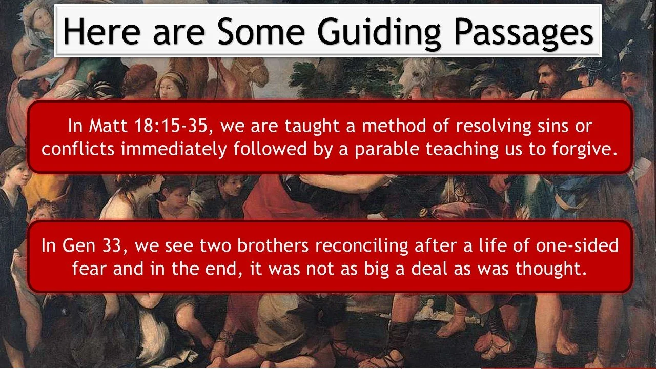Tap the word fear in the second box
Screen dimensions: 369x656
click(x=90, y=269)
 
